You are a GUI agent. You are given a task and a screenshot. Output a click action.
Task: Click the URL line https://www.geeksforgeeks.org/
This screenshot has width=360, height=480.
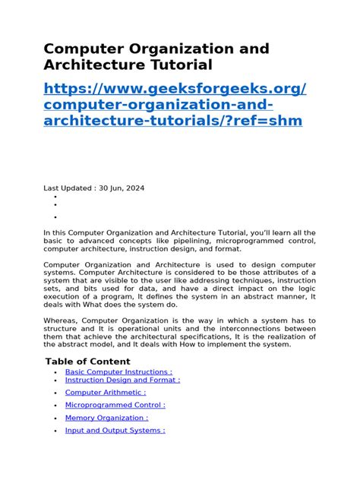tap(175, 90)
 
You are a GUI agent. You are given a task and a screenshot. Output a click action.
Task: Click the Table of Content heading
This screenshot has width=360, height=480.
tap(87, 362)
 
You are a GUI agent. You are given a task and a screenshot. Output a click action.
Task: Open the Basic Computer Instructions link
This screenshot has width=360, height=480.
tap(118, 372)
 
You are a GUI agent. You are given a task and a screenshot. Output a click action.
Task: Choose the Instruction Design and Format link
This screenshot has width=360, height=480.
tap(122, 380)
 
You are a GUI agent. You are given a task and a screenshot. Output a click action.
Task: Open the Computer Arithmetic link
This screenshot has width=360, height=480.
tap(106, 393)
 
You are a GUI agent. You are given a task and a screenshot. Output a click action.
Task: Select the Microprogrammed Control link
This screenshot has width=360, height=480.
tap(115, 405)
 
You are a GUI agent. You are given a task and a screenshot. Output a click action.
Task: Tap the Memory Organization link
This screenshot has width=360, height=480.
tap(106, 418)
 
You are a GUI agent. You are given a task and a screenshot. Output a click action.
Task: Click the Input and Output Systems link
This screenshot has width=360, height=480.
tap(115, 431)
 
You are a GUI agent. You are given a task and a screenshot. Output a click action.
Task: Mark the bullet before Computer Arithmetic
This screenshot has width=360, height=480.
tap(56, 393)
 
